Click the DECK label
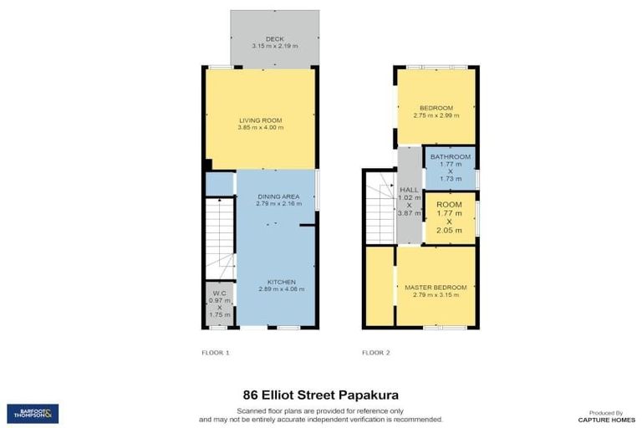[275, 38]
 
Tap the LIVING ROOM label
[260, 120]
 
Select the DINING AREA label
[278, 196]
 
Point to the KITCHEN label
[278, 282]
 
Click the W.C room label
[218, 293]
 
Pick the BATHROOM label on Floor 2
[450, 156]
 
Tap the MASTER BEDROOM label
[435, 288]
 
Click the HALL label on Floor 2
[409, 190]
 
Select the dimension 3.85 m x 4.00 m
[260, 128]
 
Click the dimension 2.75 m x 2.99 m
[436, 115]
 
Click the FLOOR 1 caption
[216, 353]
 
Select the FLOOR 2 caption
[376, 353]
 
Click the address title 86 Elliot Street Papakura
[320, 394]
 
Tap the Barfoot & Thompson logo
[33, 413]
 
